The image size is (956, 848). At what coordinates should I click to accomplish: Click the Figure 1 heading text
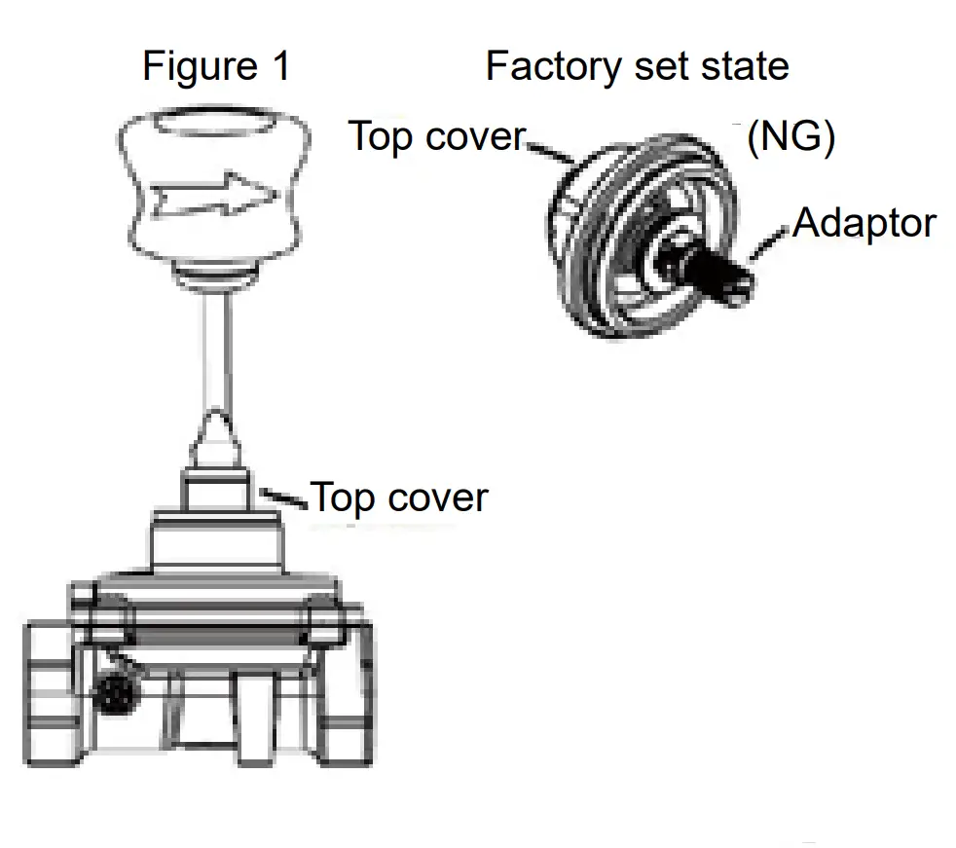click(x=215, y=67)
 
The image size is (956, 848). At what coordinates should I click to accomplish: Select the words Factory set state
click(x=637, y=67)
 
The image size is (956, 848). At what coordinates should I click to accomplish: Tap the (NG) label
click(x=791, y=138)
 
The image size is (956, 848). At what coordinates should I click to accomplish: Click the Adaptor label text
click(x=864, y=224)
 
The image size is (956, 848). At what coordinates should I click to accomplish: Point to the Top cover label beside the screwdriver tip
click(x=399, y=498)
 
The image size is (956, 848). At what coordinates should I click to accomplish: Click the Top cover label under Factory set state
click(x=437, y=136)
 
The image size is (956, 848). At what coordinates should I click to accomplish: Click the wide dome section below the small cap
click(x=216, y=545)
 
